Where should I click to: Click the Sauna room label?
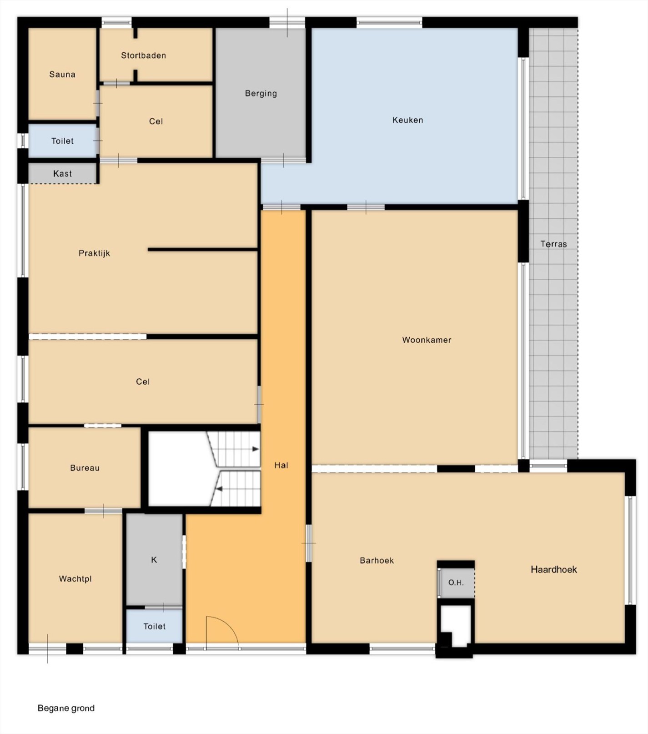tap(62, 75)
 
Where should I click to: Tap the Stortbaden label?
tap(143, 55)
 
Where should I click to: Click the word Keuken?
tap(408, 120)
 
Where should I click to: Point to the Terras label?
tap(553, 244)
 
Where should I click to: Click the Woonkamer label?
tap(427, 340)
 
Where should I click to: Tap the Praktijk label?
tap(94, 253)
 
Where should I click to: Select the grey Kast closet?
tap(63, 173)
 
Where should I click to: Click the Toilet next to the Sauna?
tap(62, 141)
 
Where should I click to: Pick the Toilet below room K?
tap(154, 626)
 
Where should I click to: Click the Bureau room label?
tap(85, 468)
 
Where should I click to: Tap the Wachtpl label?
tap(75, 579)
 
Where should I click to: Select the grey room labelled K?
tap(154, 560)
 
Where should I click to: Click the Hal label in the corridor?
tap(281, 465)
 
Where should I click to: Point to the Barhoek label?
tap(377, 561)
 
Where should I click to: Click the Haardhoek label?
tap(554, 569)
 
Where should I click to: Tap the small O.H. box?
tap(456, 582)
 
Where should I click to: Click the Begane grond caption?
tap(66, 708)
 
